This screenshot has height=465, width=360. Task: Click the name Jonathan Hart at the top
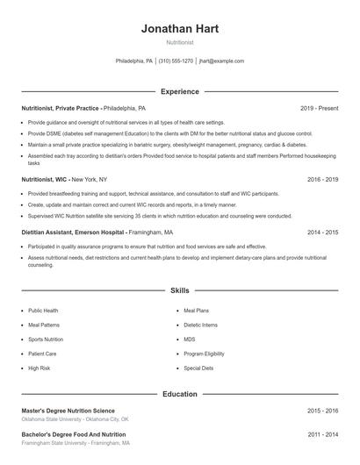(x=180, y=28)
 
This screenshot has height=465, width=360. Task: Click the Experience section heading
(x=180, y=91)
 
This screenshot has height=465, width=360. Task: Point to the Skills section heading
(x=180, y=290)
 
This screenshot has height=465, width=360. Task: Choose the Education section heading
(x=180, y=394)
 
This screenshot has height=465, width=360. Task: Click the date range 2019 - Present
(x=319, y=108)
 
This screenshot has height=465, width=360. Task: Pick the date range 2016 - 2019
(x=322, y=179)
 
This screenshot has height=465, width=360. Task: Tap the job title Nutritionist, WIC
(x=45, y=179)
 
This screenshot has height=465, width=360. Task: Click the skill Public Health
(x=43, y=311)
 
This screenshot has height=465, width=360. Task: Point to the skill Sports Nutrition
(x=46, y=339)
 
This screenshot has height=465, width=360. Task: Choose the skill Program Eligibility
(x=205, y=354)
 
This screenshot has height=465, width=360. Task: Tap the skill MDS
(x=190, y=339)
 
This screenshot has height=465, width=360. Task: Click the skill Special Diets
(x=198, y=368)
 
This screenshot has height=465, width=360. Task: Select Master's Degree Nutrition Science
(x=68, y=411)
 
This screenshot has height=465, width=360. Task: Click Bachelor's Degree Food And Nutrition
(x=73, y=434)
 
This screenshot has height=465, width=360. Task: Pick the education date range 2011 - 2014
(x=322, y=434)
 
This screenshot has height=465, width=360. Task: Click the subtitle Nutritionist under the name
(x=180, y=41)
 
